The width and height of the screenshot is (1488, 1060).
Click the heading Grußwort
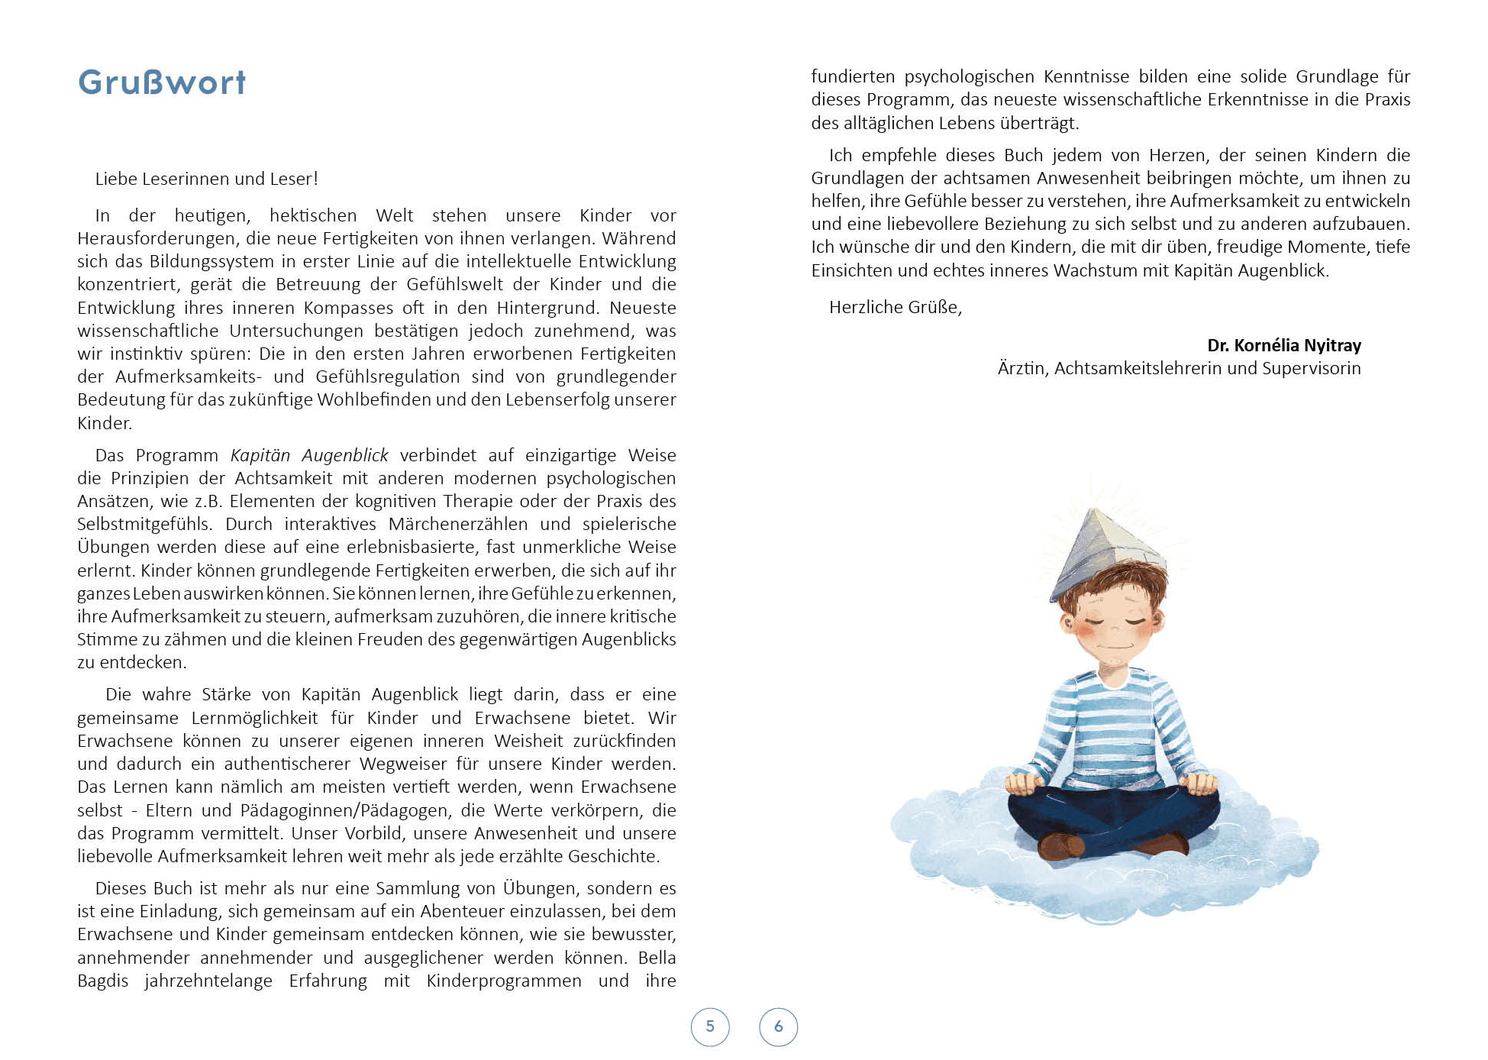tap(162, 82)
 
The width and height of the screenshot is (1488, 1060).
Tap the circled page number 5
tap(710, 1026)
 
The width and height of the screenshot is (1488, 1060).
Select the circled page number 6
tap(778, 1026)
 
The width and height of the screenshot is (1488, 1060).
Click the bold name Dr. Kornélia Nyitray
tap(1283, 345)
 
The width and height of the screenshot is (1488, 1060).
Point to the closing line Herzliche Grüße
tap(895, 307)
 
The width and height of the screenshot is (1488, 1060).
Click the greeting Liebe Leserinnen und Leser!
tap(206, 179)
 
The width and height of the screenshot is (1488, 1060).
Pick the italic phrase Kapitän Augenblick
tap(309, 455)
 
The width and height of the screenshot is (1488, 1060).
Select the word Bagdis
tap(102, 981)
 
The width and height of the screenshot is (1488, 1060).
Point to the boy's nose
tap(1115, 630)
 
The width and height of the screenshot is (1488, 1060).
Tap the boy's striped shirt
tap(1111, 726)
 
